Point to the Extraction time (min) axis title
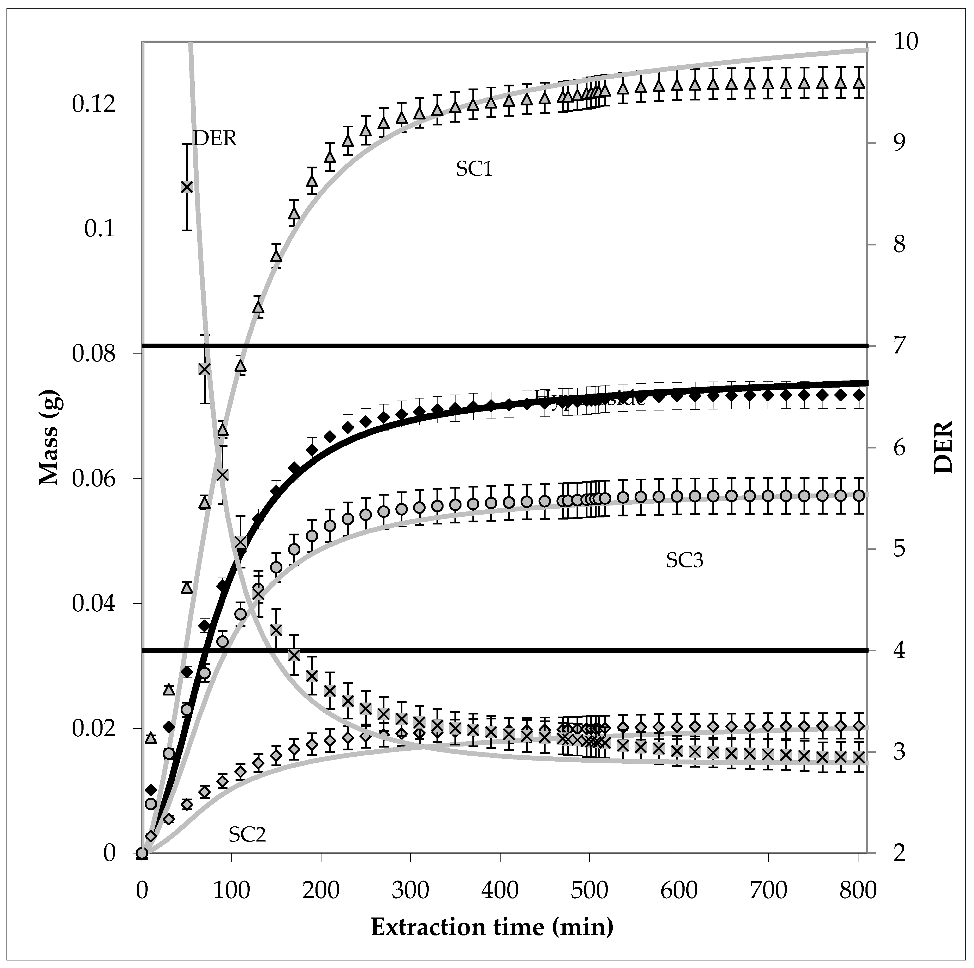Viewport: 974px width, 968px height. [492, 927]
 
